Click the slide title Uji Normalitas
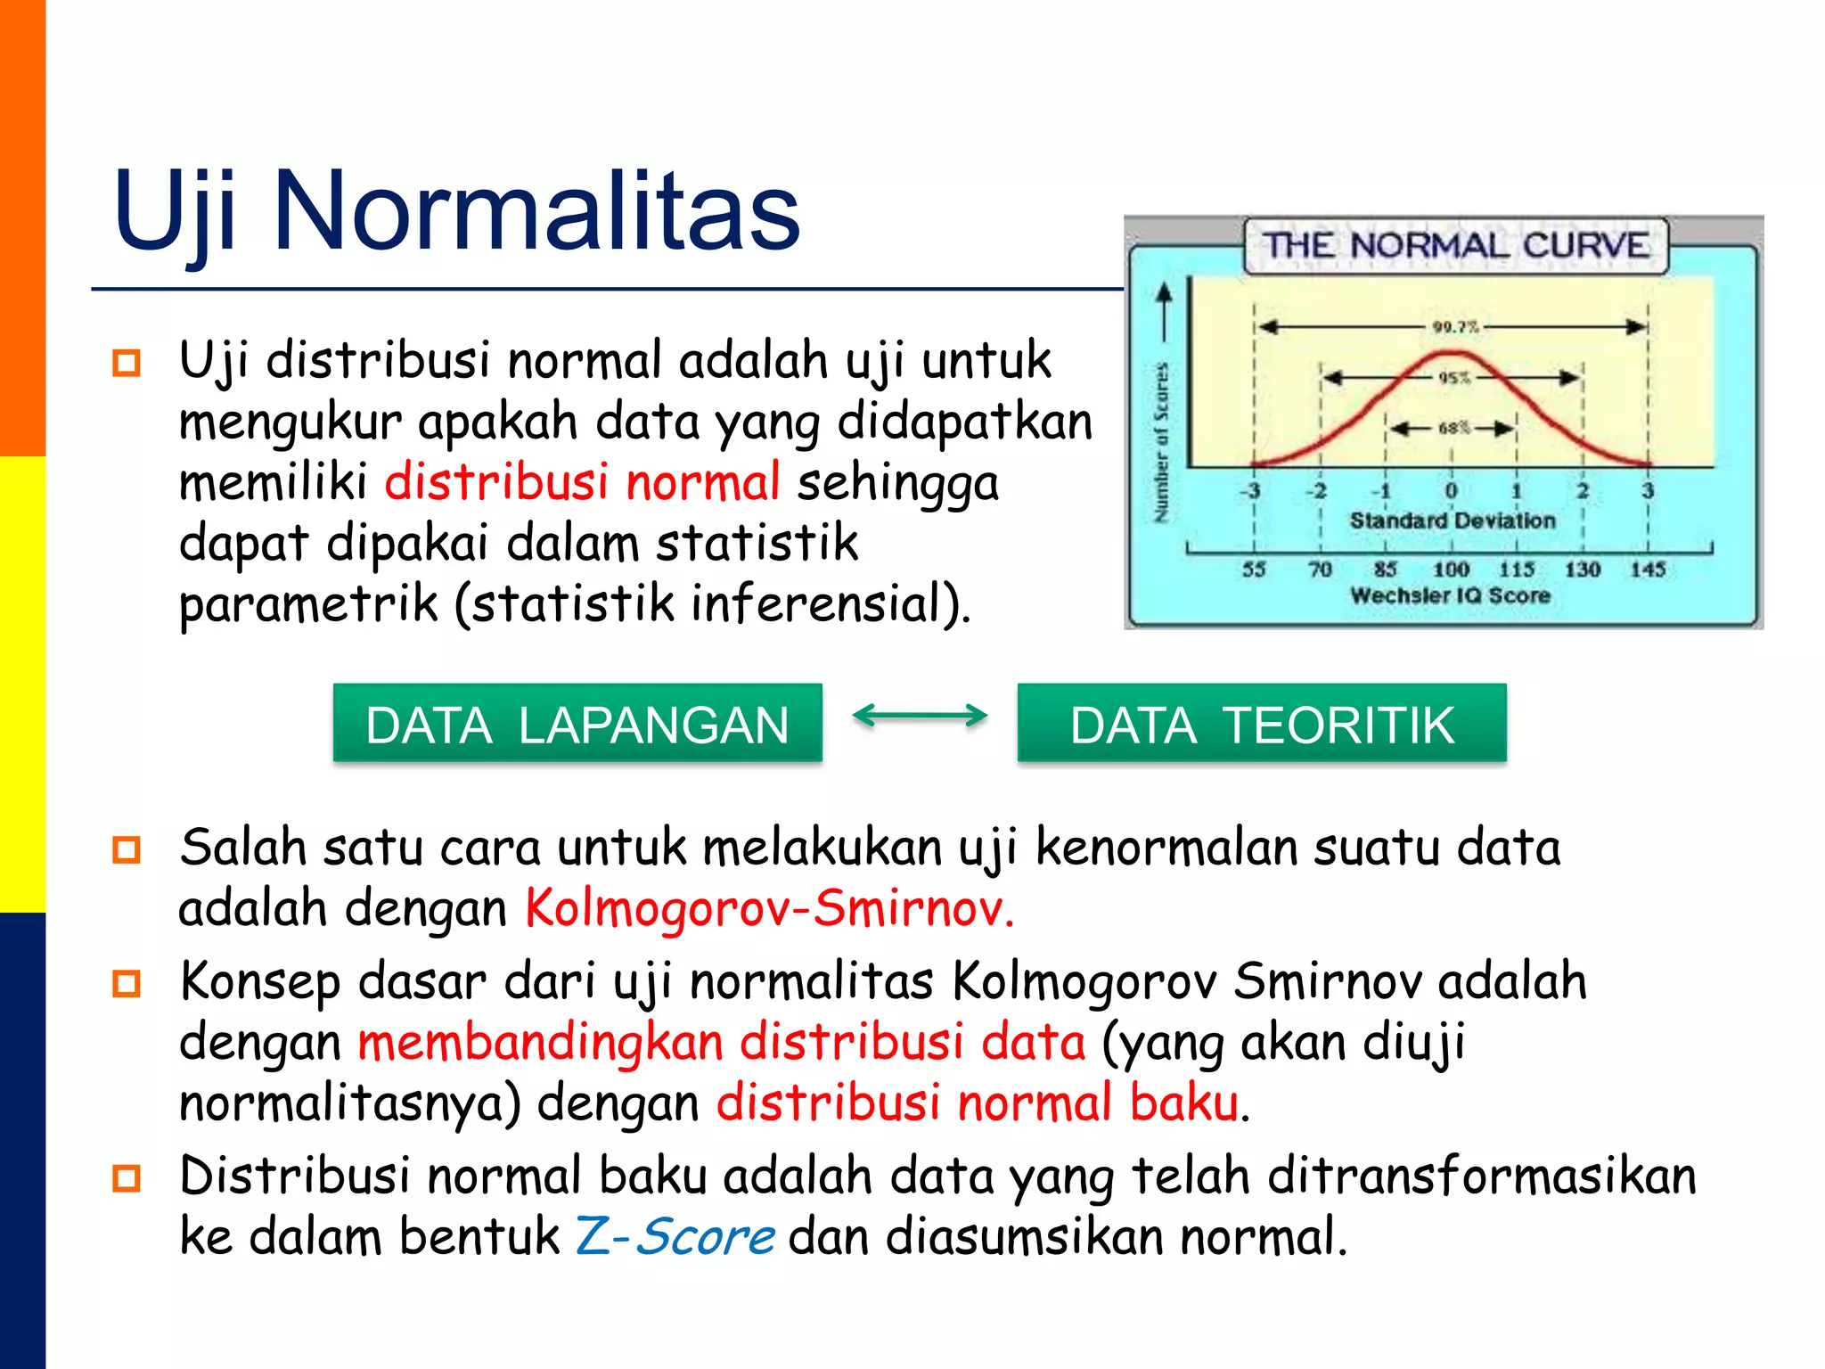pyautogui.click(x=456, y=212)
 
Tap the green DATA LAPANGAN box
pyautogui.click(x=577, y=724)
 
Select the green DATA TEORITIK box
pyautogui.click(x=1262, y=724)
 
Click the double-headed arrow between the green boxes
pyautogui.click(x=920, y=715)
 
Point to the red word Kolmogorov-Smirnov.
pyautogui.click(x=769, y=909)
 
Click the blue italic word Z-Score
pyautogui.click(x=675, y=1237)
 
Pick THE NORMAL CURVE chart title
pyautogui.click(x=1455, y=245)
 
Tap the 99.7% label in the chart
pyautogui.click(x=1454, y=327)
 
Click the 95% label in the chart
pyautogui.click(x=1453, y=378)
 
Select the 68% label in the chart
pyautogui.click(x=1453, y=428)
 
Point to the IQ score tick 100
pyautogui.click(x=1451, y=569)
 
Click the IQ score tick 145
pyautogui.click(x=1647, y=569)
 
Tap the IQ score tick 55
pyautogui.click(x=1254, y=569)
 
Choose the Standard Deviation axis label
pyautogui.click(x=1452, y=521)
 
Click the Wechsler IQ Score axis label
pyautogui.click(x=1450, y=595)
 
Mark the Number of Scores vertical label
pyautogui.click(x=1160, y=442)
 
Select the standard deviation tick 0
pyautogui.click(x=1451, y=491)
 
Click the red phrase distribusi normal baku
pyautogui.click(x=978, y=1103)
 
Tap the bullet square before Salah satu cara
pyautogui.click(x=127, y=849)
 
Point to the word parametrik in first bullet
pyautogui.click(x=308, y=604)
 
